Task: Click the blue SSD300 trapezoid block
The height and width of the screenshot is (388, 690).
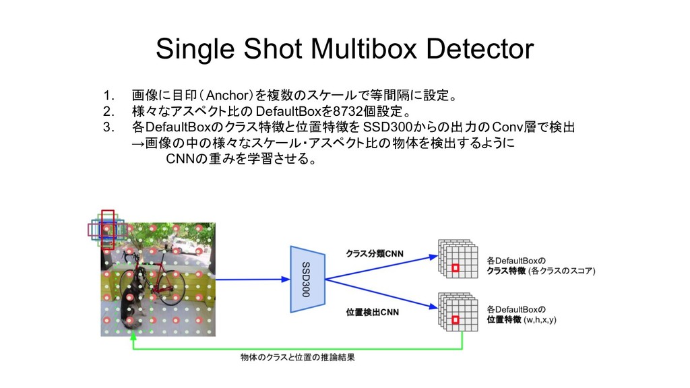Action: [x=307, y=279]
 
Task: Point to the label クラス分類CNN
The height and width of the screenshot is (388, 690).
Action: [x=375, y=254]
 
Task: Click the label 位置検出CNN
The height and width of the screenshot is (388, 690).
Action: [x=372, y=312]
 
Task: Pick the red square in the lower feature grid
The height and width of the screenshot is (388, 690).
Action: [x=455, y=320]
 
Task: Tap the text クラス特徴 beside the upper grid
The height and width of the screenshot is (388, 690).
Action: [x=507, y=271]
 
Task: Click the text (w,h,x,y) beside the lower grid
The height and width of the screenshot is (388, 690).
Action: [x=547, y=320]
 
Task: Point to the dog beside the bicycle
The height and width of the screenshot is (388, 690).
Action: [x=133, y=296]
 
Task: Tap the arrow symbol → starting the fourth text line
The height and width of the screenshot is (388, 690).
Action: [x=137, y=144]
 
